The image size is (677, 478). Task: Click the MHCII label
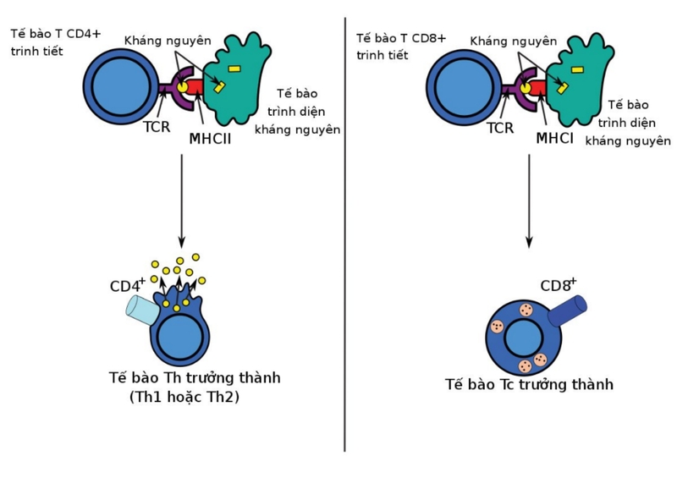pyautogui.click(x=211, y=137)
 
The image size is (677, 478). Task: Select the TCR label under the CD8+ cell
pyautogui.click(x=500, y=128)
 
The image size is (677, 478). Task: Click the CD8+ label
pyautogui.click(x=559, y=285)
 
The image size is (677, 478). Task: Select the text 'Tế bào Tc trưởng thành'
pyautogui.click(x=529, y=385)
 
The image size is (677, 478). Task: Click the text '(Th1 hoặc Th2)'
pyautogui.click(x=184, y=396)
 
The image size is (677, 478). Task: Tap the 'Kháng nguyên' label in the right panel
pyautogui.click(x=514, y=41)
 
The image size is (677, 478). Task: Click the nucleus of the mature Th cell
pyautogui.click(x=180, y=339)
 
